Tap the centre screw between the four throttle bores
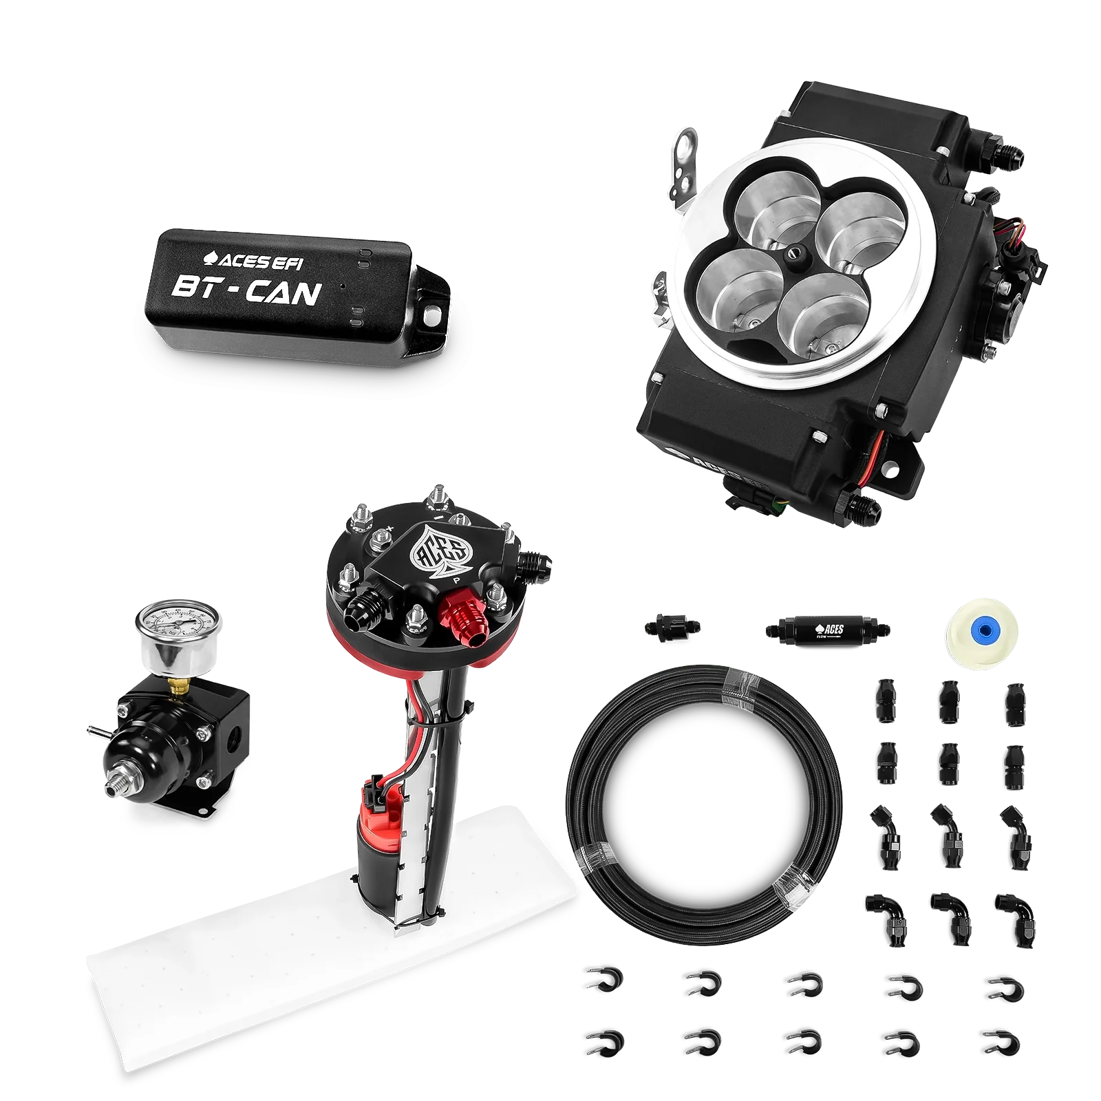[x=795, y=255]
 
